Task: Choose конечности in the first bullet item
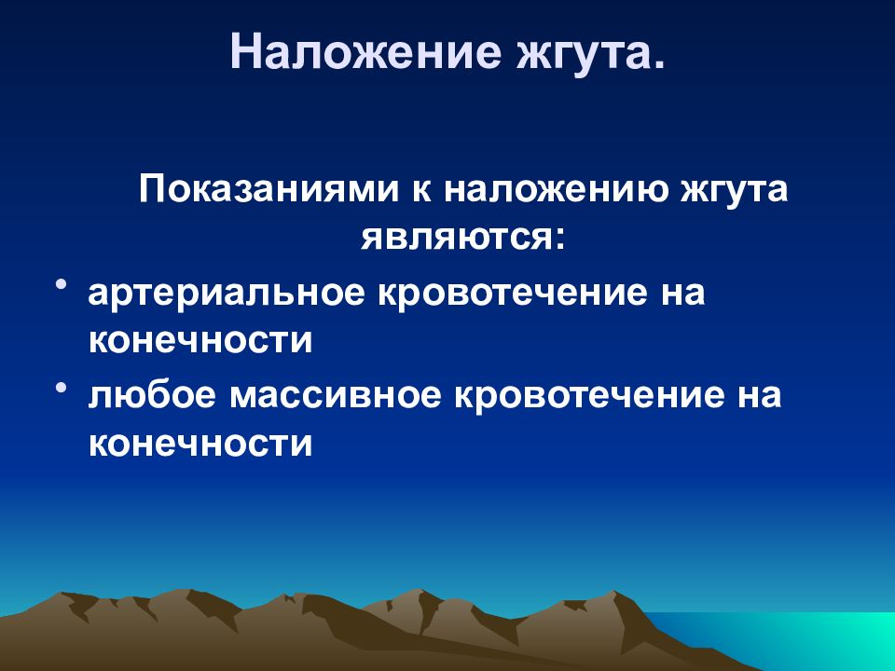pos(200,341)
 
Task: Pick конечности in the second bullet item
pos(200,444)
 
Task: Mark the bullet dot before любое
pos(61,385)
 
